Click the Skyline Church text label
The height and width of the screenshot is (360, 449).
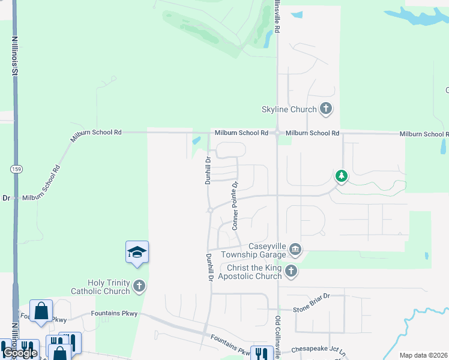click(x=289, y=109)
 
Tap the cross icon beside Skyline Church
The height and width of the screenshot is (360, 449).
click(x=326, y=109)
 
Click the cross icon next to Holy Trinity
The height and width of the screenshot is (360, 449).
click(x=139, y=286)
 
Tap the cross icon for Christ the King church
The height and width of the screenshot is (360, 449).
click(x=291, y=271)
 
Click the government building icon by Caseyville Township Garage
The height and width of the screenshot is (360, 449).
click(x=295, y=249)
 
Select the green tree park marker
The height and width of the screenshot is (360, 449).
click(x=342, y=176)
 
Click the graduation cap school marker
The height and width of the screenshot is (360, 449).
click(x=137, y=252)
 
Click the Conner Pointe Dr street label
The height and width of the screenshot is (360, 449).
click(x=235, y=206)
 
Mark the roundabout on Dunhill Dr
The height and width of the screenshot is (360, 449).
click(x=210, y=210)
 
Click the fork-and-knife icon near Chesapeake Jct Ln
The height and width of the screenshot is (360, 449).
click(x=261, y=353)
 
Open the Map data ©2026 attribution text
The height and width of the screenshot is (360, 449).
click(x=423, y=355)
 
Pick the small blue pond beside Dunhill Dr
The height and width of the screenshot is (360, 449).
click(x=197, y=142)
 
